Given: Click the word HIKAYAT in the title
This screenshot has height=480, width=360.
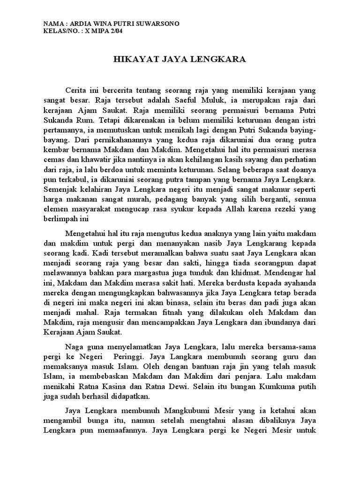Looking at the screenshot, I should point(132,60).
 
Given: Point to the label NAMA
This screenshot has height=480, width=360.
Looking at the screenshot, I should point(53,24).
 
